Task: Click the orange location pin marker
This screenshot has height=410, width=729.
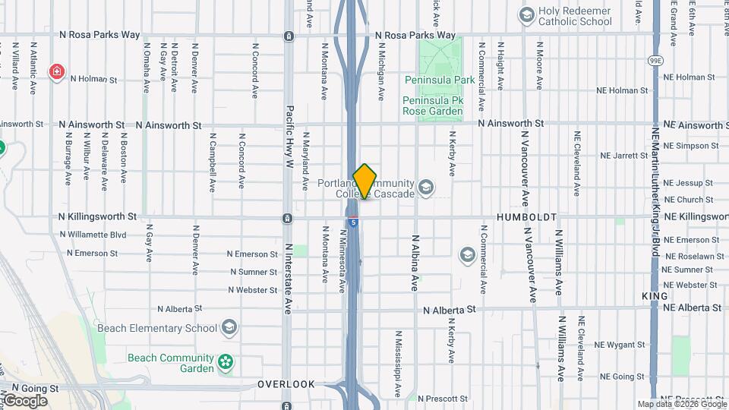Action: coord(364,181)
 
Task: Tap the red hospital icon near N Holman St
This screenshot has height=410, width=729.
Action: coord(57,72)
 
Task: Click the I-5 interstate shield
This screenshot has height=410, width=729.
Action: coord(354,222)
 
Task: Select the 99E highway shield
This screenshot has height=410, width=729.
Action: coord(655,61)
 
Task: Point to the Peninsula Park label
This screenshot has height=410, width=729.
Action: coord(440,80)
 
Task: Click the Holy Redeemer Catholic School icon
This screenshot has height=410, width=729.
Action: coord(526,14)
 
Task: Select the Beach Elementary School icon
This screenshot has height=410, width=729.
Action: coord(229,328)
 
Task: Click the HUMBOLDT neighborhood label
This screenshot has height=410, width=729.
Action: coord(526,217)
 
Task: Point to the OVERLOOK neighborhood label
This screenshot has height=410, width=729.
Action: coord(286,384)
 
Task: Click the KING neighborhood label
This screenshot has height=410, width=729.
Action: coord(654,295)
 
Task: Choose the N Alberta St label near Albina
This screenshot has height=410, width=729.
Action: coord(450,310)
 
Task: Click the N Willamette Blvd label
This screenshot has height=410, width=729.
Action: coord(96,235)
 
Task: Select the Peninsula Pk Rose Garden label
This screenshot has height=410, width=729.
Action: coord(432,106)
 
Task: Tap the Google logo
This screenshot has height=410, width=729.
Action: coord(25,400)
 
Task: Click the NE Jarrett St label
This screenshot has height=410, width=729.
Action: coord(623,156)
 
